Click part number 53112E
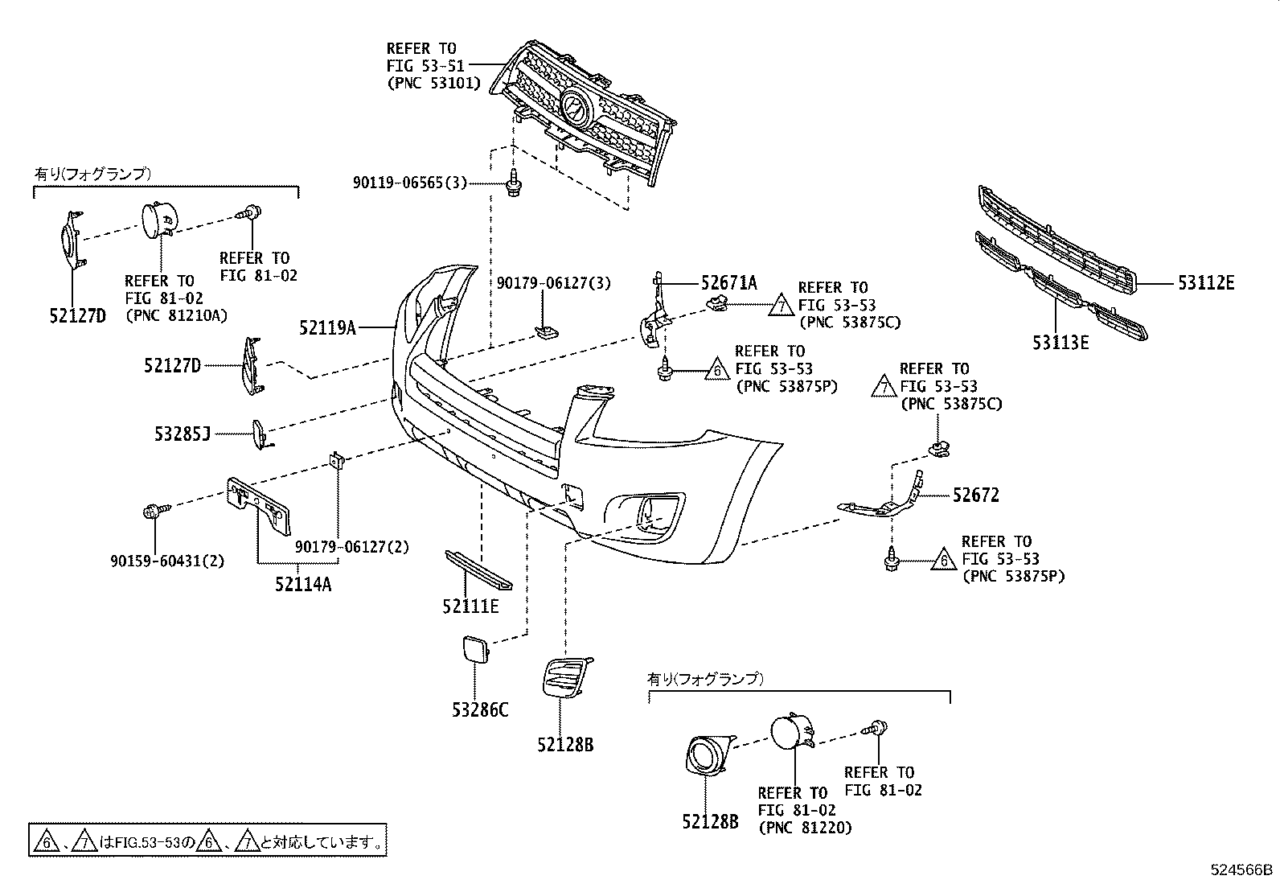pos(1206,283)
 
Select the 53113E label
pos(1061,343)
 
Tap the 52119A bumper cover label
pos(327,328)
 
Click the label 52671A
pos(728,283)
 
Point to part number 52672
pos(975,495)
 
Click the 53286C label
pos(480,710)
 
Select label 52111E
pos(470,606)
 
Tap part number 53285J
pos(183,434)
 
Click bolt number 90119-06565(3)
pos(409,183)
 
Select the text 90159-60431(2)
pos(167,561)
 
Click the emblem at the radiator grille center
pos(576,106)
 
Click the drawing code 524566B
pos(1242,870)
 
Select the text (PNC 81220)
pos(805,827)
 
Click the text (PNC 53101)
pos(433,83)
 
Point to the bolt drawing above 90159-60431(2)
pos(154,511)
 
